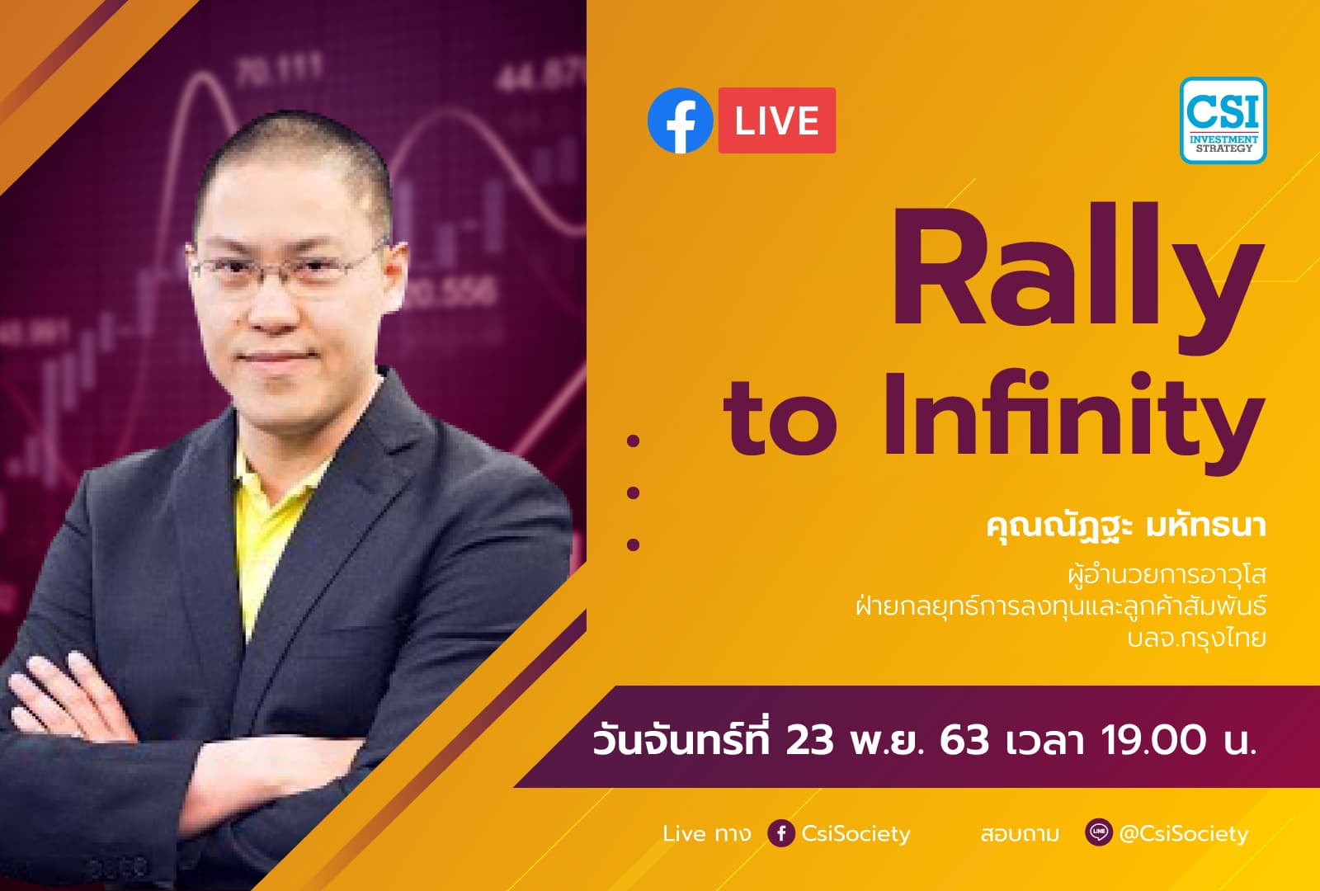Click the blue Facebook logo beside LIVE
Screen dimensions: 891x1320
[x=680, y=120]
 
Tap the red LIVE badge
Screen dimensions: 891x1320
[x=776, y=120]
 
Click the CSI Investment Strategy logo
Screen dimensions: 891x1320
[x=1223, y=120]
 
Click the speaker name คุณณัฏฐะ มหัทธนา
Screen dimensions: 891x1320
[x=1125, y=526]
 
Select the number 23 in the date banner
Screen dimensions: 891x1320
[x=809, y=739]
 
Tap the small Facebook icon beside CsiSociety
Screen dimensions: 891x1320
[x=780, y=833]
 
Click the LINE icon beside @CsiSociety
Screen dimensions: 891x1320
[x=1098, y=832]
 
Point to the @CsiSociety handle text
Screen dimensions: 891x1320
[x=1183, y=834]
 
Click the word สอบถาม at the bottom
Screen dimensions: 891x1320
[x=1020, y=834]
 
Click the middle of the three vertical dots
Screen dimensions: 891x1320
[x=634, y=493]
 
